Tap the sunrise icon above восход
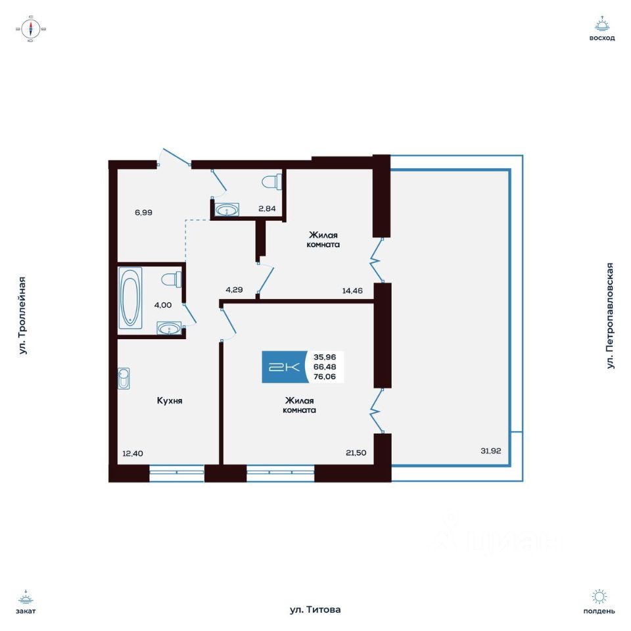(601, 26)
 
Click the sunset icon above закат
(26, 597)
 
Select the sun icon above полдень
(599, 597)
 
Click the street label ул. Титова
(315, 610)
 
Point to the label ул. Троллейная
(23, 315)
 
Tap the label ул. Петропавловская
(611, 315)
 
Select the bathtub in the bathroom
(130, 297)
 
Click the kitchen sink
(124, 379)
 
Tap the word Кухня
(169, 400)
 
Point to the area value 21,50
(356, 452)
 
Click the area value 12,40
(132, 452)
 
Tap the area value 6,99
(144, 212)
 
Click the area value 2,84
(267, 209)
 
